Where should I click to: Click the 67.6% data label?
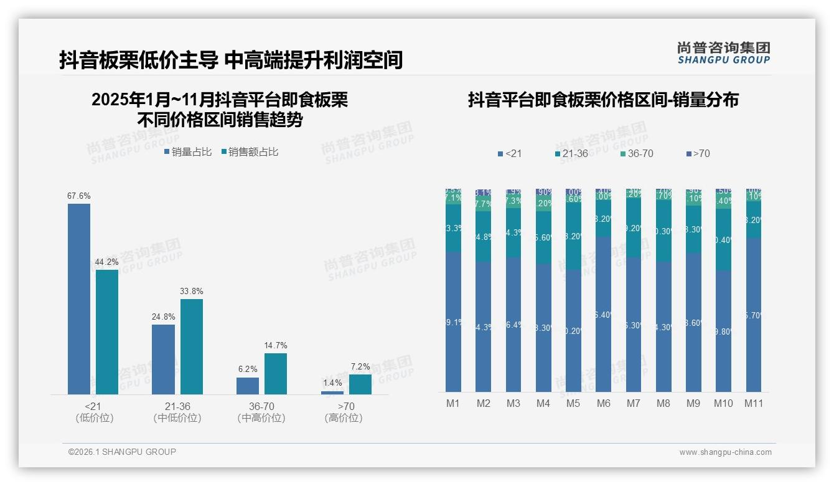(79, 196)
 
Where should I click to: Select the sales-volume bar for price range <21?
(79, 299)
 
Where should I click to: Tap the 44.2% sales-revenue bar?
(107, 331)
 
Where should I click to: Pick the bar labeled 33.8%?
(192, 346)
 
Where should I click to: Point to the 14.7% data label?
(276, 345)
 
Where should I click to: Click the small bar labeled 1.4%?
(332, 393)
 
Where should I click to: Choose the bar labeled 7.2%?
(360, 384)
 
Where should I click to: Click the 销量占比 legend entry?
(188, 151)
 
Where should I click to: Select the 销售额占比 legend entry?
(250, 151)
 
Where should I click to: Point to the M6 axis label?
(603, 403)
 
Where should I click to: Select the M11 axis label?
(754, 403)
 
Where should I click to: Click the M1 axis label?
(453, 403)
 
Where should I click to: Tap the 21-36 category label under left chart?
(177, 406)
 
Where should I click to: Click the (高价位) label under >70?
(344, 418)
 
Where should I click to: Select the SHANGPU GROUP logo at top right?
(723, 52)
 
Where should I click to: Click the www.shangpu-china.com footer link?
(725, 452)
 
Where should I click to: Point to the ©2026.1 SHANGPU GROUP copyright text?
(122, 452)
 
